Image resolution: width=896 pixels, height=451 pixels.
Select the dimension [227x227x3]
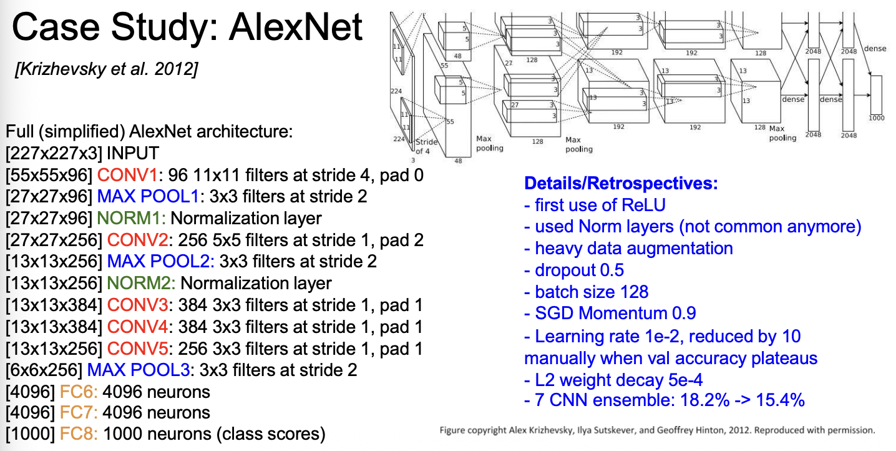pyautogui.click(x=54, y=154)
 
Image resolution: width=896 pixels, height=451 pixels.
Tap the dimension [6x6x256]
pyautogui.click(x=44, y=370)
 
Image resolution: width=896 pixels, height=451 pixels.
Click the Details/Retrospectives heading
pyautogui.click(x=621, y=184)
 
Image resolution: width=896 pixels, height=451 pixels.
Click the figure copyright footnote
pyautogui.click(x=657, y=430)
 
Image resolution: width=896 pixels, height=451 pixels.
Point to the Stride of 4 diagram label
pyautogui.click(x=427, y=147)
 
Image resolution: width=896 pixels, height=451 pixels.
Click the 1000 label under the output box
pyautogui.click(x=876, y=117)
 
